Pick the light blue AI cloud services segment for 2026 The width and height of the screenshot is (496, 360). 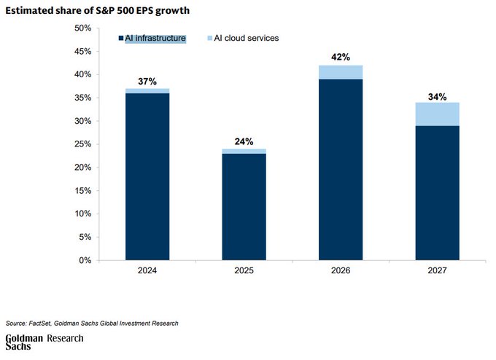[341, 72]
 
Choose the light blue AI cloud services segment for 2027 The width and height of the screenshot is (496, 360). [438, 114]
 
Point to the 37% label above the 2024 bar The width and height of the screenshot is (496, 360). [147, 81]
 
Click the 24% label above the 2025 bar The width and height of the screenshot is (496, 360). [244, 141]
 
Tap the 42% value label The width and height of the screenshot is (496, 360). [341, 58]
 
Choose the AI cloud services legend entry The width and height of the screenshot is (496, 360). [244, 38]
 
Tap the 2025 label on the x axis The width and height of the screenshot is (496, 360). [244, 270]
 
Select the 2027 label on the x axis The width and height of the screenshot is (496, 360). [438, 270]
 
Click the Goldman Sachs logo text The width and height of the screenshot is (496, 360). [24, 343]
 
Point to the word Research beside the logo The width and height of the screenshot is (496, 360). [66, 339]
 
